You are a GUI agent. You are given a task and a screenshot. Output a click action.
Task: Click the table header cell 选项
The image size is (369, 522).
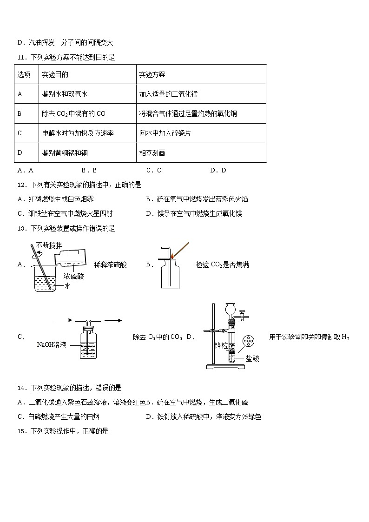(24, 74)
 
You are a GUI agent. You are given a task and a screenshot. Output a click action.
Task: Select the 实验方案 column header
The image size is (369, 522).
(152, 74)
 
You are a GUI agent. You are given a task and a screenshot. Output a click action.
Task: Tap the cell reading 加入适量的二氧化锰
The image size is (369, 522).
(168, 94)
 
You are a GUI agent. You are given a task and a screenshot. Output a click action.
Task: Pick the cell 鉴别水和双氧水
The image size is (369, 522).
(65, 94)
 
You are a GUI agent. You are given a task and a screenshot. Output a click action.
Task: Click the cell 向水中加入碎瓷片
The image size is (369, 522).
(165, 133)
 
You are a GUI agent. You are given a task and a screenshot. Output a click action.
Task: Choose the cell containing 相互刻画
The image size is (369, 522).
(152, 152)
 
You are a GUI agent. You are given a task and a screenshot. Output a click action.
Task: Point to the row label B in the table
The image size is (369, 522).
(20, 113)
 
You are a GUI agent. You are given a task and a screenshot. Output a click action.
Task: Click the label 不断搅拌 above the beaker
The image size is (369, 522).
(48, 245)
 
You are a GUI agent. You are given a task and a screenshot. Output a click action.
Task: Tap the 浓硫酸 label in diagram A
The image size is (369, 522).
(74, 276)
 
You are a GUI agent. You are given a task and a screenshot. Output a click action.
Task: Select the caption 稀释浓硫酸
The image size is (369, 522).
(110, 264)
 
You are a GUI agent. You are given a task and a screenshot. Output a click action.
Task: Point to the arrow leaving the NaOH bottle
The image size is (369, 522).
(113, 320)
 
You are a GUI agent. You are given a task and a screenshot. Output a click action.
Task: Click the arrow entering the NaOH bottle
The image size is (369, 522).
(63, 320)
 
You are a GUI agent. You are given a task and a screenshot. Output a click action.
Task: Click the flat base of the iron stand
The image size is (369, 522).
(225, 367)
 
